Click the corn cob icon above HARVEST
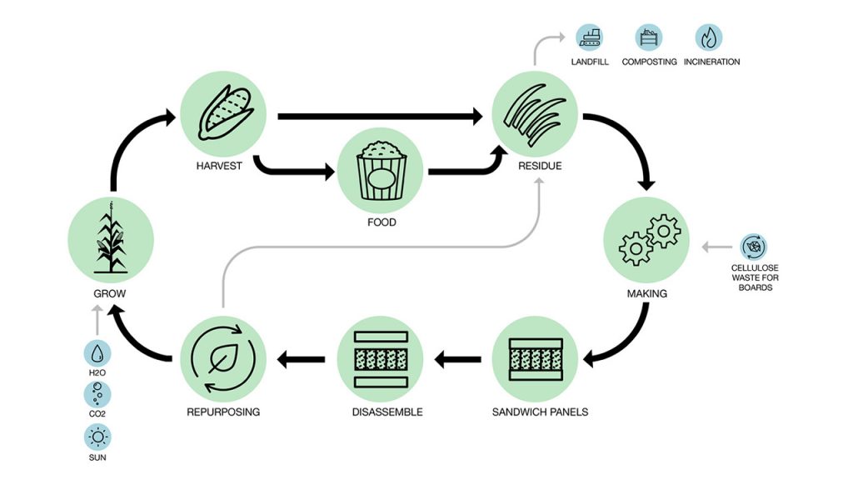coord(222,113)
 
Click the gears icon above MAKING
coord(646,240)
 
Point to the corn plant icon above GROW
coord(110,240)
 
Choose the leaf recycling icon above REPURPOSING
coord(222,359)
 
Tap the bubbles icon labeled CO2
coord(97,393)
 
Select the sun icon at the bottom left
coord(97,436)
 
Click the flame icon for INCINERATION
coord(708,37)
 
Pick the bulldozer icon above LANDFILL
coord(591,37)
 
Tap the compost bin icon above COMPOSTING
coord(649,37)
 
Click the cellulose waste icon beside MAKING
coord(754,247)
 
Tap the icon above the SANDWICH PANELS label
coord(534,359)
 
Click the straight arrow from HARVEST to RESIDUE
coord(379,117)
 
